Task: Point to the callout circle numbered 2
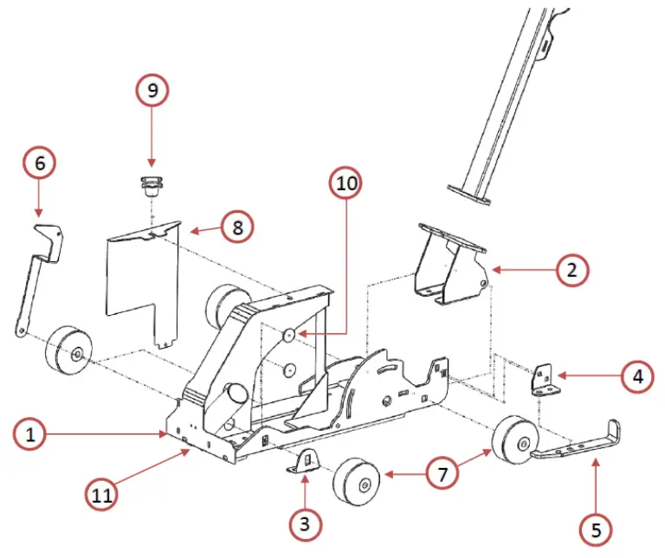click(571, 270)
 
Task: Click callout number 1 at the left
click(31, 434)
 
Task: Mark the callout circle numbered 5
click(595, 529)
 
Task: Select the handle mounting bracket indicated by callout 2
click(449, 264)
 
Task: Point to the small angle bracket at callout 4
click(542, 379)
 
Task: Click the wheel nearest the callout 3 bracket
click(357, 483)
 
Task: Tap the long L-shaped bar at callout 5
click(580, 446)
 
